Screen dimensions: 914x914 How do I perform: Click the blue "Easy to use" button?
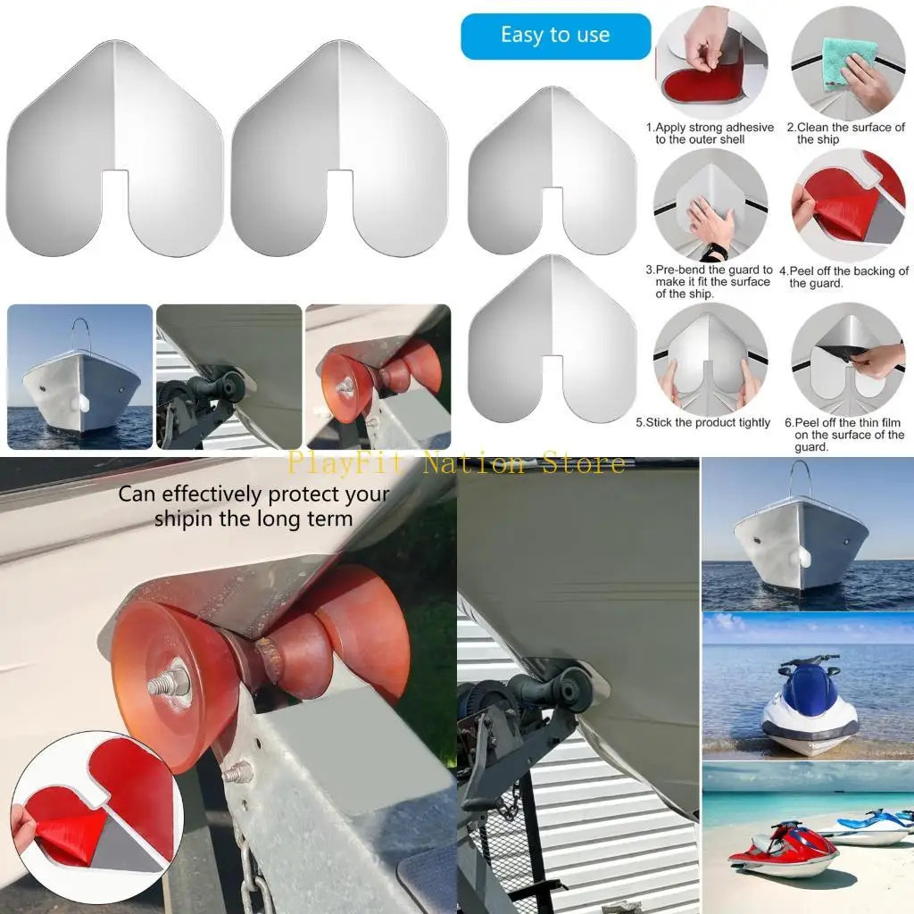[x=555, y=37]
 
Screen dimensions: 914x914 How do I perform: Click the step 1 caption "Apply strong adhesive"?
[x=710, y=133]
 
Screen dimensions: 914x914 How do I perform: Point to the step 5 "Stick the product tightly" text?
[x=702, y=422]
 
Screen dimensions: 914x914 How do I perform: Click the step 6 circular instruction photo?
[x=847, y=358]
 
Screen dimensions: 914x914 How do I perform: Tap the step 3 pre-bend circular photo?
[x=710, y=205]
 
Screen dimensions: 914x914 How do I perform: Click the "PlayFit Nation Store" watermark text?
[x=456, y=463]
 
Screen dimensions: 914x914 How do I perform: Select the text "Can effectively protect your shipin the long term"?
[x=253, y=505]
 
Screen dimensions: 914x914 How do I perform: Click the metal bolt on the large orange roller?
[x=170, y=677]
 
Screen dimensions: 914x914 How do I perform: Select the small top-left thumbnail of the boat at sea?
[x=79, y=376]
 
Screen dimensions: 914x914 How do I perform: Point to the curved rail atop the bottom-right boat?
[x=800, y=478]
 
